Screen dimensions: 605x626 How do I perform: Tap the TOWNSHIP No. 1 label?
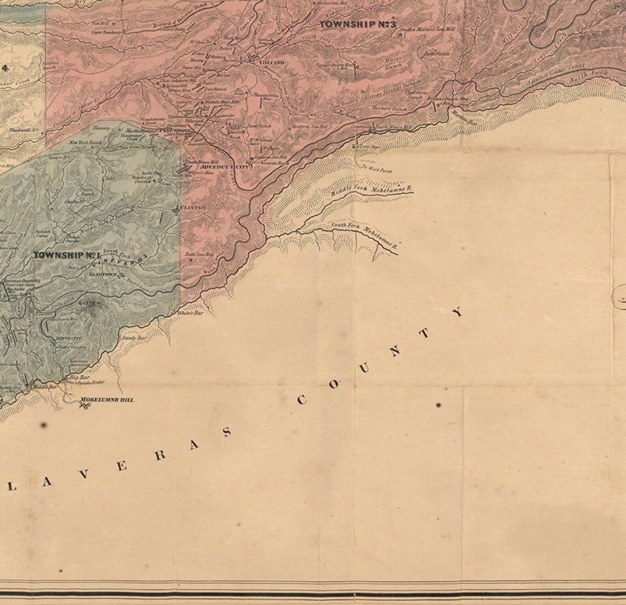(x=66, y=255)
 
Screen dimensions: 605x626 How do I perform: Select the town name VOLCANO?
(x=272, y=62)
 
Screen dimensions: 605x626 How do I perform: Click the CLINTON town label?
(x=193, y=207)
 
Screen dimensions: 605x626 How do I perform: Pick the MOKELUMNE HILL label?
(x=107, y=400)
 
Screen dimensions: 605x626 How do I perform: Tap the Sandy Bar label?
(x=134, y=338)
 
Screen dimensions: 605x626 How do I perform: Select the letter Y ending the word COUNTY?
(x=458, y=313)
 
